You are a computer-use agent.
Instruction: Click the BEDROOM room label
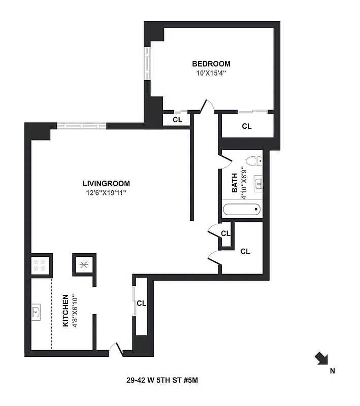tap(211, 64)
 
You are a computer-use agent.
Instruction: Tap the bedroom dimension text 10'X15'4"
tap(211, 73)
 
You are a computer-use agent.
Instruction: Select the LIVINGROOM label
tap(107, 184)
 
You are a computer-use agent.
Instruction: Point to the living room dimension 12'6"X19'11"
tap(107, 193)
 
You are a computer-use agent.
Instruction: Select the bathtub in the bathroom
tap(242, 209)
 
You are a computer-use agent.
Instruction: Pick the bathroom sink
tap(257, 183)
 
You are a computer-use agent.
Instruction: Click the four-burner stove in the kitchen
tap(39, 264)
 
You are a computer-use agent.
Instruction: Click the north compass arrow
tap(321, 358)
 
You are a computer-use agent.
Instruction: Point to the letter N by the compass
tap(333, 371)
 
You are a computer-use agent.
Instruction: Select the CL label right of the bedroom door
tap(247, 126)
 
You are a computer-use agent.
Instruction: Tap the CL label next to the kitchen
tap(141, 303)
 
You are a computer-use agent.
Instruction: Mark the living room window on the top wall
tap(81, 126)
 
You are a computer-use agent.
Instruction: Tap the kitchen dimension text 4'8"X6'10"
tap(75, 310)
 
